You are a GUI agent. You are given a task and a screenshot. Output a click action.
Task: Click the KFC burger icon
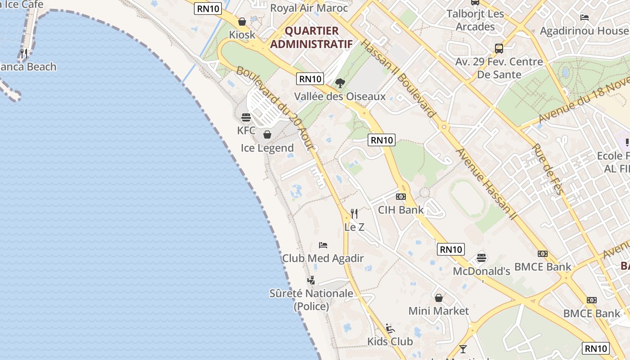coord(246,117)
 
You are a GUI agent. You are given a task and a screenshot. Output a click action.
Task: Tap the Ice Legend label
coord(267,148)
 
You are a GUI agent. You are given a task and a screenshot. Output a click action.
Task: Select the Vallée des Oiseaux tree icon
coord(340,83)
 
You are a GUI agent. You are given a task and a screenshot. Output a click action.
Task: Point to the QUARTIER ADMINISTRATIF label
coord(311,37)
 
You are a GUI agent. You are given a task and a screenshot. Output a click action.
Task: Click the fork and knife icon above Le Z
coord(354,213)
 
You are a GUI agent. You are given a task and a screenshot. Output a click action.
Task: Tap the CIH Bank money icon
coord(401,197)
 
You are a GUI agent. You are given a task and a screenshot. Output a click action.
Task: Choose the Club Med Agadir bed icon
coord(323,245)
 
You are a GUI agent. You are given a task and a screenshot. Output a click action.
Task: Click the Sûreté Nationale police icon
coord(311,280)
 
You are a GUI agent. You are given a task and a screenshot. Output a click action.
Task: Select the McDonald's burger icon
coord(481,258)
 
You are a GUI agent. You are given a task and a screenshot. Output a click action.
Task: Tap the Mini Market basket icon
coord(439,298)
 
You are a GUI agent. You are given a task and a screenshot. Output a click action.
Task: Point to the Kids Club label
coord(390,342)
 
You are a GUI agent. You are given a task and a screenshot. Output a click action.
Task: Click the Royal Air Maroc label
coord(309,8)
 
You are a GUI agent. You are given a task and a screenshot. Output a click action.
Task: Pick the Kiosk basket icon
coord(242,22)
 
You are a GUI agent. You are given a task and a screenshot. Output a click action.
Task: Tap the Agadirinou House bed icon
coord(585,18)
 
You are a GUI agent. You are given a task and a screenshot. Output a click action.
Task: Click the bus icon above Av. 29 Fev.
coord(499,48)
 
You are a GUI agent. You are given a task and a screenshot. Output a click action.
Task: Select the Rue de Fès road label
coord(547,169)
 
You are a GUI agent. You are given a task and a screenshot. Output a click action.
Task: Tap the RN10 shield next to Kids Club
coord(596,348)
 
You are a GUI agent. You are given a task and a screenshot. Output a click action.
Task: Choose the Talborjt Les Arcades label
coord(475,20)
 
